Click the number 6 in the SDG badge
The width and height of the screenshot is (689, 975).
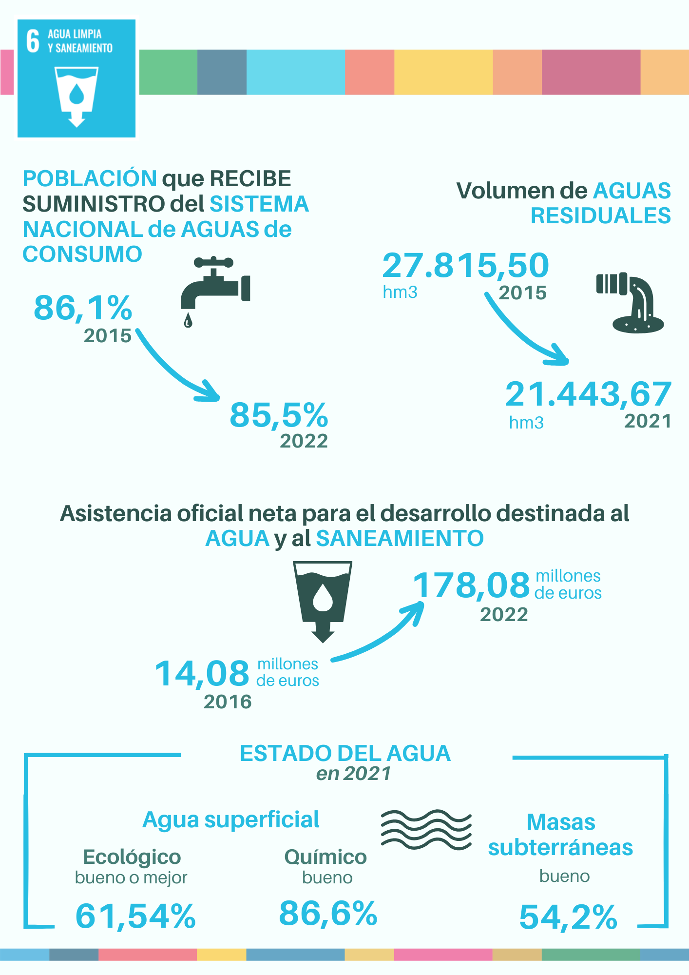[x=33, y=41]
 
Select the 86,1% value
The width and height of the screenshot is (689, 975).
[x=83, y=308]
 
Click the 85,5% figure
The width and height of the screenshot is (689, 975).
[x=279, y=415]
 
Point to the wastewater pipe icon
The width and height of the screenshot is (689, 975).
[x=632, y=302]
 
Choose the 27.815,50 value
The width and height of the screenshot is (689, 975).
[x=465, y=266]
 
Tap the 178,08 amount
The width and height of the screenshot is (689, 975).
[x=471, y=585]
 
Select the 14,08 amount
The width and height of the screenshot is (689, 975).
[x=202, y=674]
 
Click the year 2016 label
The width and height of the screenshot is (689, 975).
[x=228, y=702]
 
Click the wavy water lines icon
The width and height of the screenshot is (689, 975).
[x=426, y=830]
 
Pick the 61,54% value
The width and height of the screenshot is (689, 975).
[x=135, y=916]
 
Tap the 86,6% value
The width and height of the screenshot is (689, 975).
[x=328, y=913]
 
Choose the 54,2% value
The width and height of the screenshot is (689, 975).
[x=568, y=917]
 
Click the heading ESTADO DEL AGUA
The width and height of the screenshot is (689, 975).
[x=345, y=754]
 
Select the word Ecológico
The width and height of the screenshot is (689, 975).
[x=132, y=857]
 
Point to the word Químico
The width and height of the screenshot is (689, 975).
[x=325, y=857]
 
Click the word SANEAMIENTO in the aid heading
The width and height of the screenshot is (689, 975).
[x=400, y=539]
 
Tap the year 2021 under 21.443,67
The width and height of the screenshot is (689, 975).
[x=648, y=421]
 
